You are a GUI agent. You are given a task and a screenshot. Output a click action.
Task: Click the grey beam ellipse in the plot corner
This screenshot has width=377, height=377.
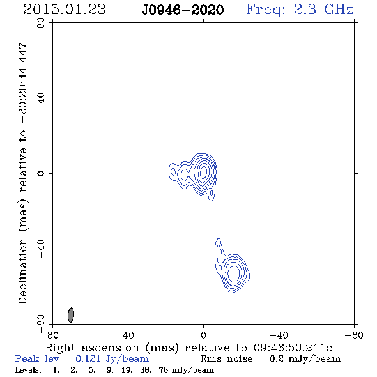pyautogui.click(x=71, y=315)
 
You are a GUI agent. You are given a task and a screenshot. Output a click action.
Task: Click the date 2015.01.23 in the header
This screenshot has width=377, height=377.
pyautogui.click(x=65, y=10)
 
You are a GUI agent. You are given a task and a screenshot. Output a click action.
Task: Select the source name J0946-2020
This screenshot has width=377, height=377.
pyautogui.click(x=183, y=10)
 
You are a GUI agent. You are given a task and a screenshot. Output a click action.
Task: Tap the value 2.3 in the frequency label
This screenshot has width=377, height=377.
pyautogui.click(x=305, y=10)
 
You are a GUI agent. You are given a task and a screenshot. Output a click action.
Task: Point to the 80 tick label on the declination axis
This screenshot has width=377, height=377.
pyautogui.click(x=41, y=23)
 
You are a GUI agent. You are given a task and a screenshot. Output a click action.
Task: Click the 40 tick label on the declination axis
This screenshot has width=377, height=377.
pyautogui.click(x=41, y=98)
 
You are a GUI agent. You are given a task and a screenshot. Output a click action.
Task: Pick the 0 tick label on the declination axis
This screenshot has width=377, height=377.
pyautogui.click(x=41, y=173)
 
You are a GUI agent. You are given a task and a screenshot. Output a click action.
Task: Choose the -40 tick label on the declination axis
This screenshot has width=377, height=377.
pyautogui.click(x=41, y=249)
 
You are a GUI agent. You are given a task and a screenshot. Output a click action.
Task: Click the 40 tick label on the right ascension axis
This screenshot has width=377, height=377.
pyautogui.click(x=128, y=335)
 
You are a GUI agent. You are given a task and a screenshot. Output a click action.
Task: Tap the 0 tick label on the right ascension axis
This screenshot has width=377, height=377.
pyautogui.click(x=203, y=335)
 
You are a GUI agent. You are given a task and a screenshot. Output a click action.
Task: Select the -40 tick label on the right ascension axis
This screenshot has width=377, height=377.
pyautogui.click(x=279, y=335)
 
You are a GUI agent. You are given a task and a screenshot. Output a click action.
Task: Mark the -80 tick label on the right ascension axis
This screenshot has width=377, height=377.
pyautogui.click(x=354, y=335)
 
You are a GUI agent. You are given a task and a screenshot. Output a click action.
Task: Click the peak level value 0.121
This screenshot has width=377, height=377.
pyautogui.click(x=88, y=358)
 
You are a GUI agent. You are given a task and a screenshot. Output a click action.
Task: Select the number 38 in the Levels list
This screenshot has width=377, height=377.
pyautogui.click(x=145, y=370)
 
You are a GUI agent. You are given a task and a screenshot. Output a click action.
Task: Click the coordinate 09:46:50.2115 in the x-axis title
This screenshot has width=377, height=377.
pyautogui.click(x=293, y=348)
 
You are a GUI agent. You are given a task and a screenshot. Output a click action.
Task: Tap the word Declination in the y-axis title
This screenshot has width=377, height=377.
pyautogui.click(x=22, y=271)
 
